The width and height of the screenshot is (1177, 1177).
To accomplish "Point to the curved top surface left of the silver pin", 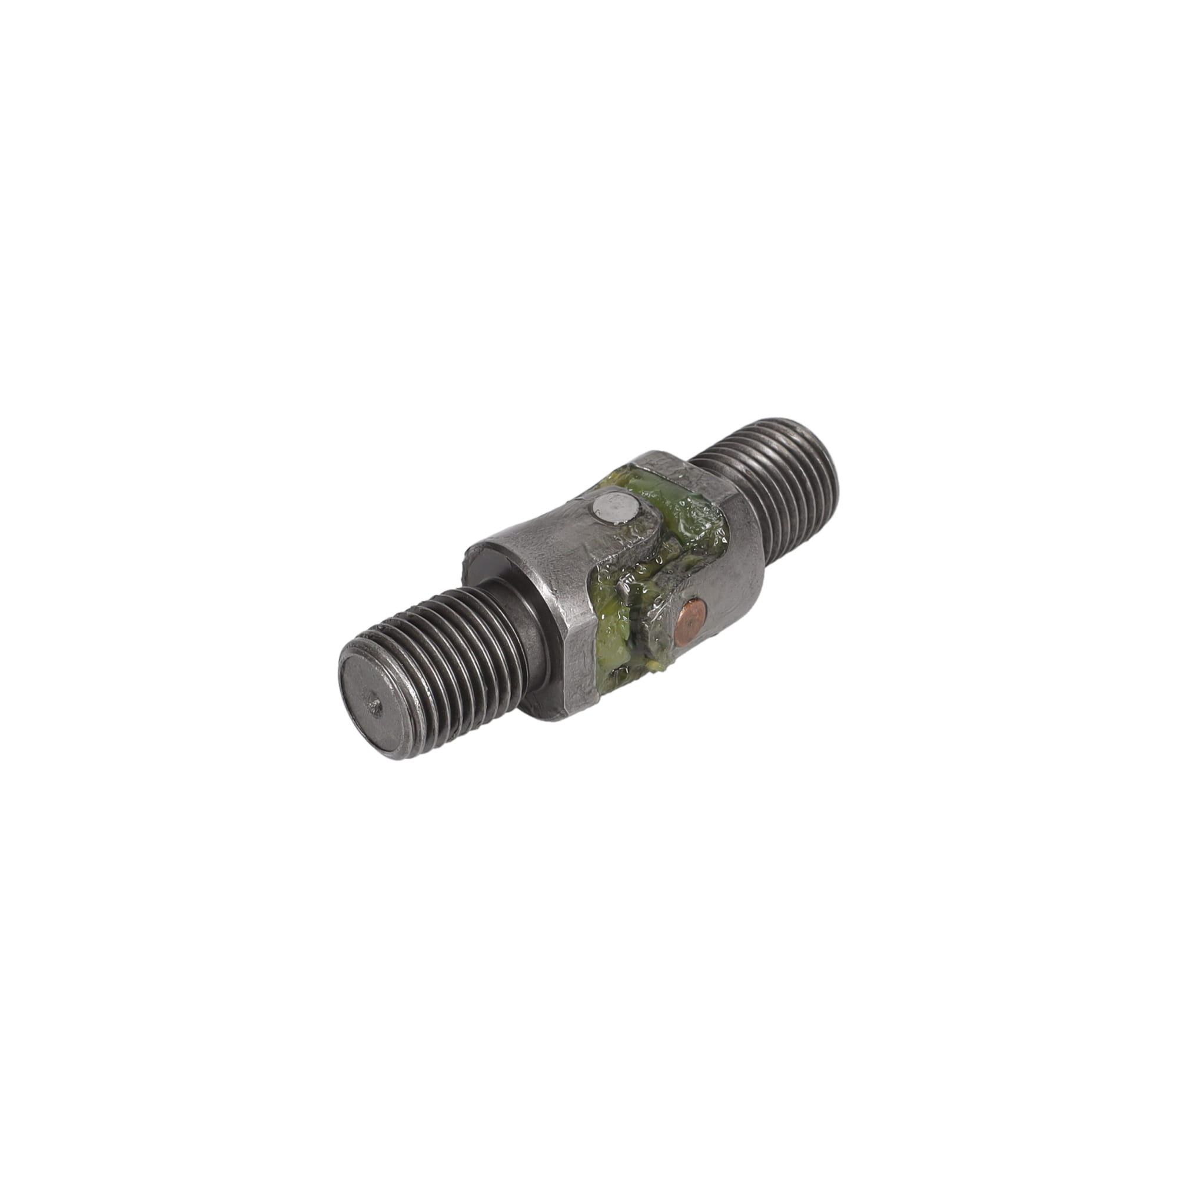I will click(536, 524).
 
